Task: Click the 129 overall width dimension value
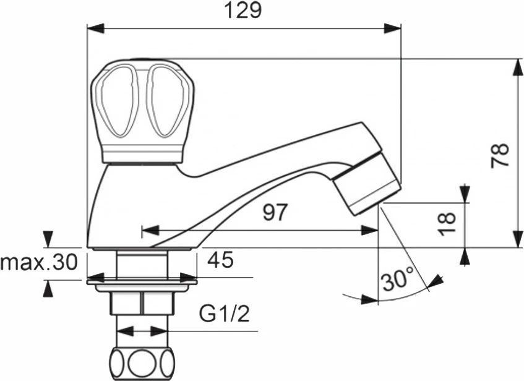click(243, 11)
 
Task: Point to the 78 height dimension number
click(500, 155)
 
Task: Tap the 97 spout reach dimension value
click(275, 212)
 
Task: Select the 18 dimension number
click(447, 224)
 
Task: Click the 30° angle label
click(397, 280)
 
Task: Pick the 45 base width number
click(220, 259)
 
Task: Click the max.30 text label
click(39, 262)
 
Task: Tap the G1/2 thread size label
click(225, 313)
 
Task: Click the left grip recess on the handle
click(118, 101)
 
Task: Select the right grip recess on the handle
click(165, 101)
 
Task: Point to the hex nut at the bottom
click(142, 303)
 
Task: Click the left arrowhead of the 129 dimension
click(95, 28)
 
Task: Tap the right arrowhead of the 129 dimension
click(392, 28)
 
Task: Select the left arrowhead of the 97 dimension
click(150, 230)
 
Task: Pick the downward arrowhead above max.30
click(49, 239)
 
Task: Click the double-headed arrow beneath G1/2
click(142, 332)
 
